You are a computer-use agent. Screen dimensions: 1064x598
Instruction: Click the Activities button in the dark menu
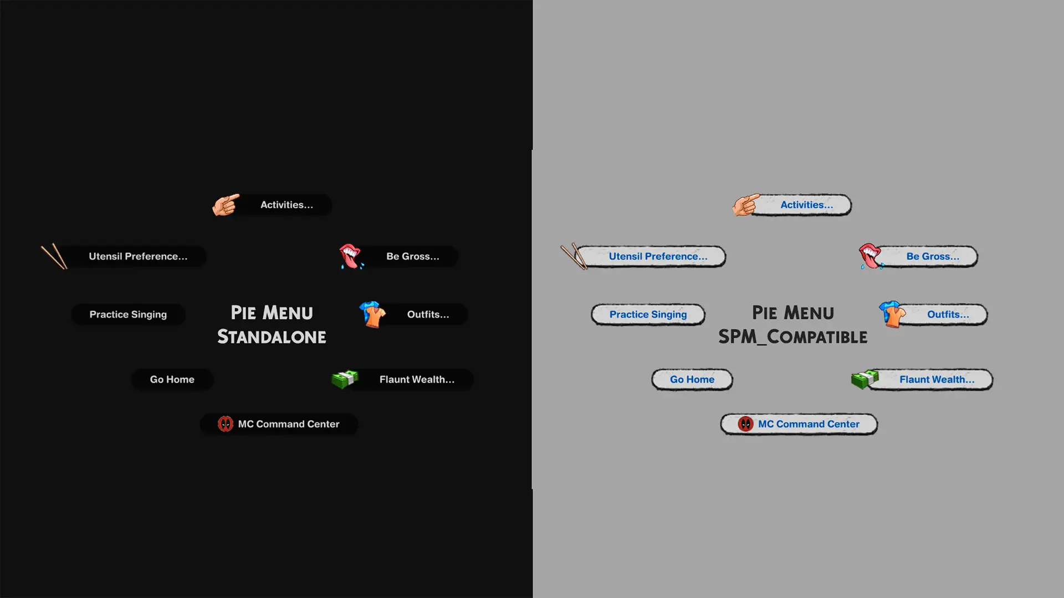tap(286, 205)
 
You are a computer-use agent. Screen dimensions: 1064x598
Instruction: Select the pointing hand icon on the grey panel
tap(746, 205)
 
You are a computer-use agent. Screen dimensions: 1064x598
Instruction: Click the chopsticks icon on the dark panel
tap(54, 256)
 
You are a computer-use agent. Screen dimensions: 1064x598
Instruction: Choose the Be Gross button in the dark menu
tap(412, 256)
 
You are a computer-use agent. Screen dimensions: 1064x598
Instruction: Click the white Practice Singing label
tap(128, 315)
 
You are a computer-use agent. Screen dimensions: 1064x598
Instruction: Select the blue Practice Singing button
tap(648, 315)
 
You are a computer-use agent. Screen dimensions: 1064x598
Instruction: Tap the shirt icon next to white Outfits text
tap(372, 315)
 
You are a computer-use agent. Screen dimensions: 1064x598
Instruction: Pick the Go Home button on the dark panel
tap(172, 380)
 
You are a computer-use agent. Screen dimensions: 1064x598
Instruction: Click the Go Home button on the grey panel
tap(692, 380)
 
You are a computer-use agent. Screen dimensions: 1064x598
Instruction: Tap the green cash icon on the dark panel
tap(345, 379)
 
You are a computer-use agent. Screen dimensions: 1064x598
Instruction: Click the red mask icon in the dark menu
tap(226, 424)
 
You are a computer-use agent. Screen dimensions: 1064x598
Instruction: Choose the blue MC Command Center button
tap(799, 424)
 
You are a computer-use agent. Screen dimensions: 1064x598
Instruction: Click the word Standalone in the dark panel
tap(272, 337)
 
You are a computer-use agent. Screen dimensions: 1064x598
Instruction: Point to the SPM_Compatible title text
tap(793, 337)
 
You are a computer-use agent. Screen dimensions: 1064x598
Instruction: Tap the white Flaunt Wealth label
tap(417, 380)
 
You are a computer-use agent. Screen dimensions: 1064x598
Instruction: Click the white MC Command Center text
tap(289, 424)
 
